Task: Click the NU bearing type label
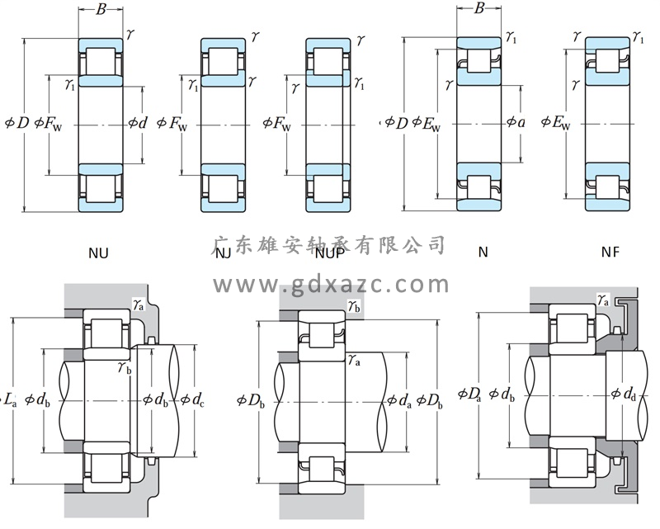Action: [x=98, y=253]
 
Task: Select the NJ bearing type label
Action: [x=223, y=253]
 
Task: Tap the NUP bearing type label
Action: [x=328, y=253]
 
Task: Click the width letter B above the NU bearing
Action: [x=101, y=11]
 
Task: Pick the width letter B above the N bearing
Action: [x=478, y=9]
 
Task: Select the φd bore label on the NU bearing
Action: [x=138, y=124]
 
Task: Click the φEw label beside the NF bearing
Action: [x=557, y=124]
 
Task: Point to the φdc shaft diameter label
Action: [x=192, y=401]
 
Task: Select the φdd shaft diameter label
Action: [x=624, y=394]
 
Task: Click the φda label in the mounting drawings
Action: [x=399, y=402]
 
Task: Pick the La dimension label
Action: [x=9, y=401]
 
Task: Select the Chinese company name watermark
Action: [x=330, y=245]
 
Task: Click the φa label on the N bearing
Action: [x=515, y=124]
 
